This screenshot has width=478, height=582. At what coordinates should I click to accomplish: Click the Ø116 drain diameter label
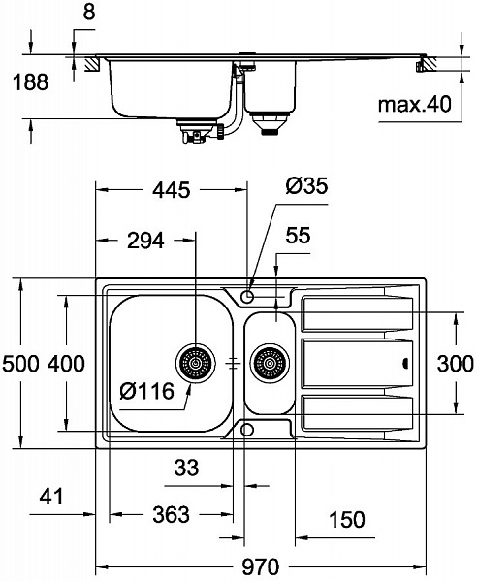point(146,393)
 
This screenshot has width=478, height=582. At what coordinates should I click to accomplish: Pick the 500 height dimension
point(19,365)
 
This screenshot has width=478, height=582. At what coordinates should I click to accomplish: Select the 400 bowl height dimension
point(66,365)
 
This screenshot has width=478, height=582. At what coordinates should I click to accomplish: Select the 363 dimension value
point(172,515)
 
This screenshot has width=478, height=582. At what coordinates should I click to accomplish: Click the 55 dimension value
point(298,235)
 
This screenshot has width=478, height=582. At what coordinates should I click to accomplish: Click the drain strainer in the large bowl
point(193,365)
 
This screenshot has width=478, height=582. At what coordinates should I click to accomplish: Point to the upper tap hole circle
point(248,294)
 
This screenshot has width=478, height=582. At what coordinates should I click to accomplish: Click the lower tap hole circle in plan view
point(248,429)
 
